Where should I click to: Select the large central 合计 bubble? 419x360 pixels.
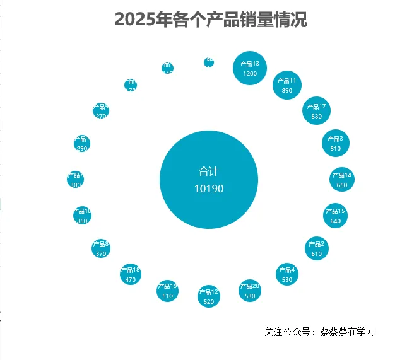click(x=209, y=180)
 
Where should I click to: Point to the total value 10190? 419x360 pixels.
click(x=209, y=189)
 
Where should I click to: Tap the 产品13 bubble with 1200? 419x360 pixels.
click(x=250, y=68)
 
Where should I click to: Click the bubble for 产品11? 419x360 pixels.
click(x=287, y=85)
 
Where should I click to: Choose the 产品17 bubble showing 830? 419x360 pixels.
click(x=316, y=111)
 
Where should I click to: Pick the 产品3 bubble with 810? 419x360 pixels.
click(x=335, y=143)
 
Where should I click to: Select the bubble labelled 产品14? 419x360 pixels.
click(x=341, y=180)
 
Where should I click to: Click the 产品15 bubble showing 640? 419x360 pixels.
click(x=335, y=216)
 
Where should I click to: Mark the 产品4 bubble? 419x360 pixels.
click(x=287, y=274)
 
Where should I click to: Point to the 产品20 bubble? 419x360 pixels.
click(x=250, y=291)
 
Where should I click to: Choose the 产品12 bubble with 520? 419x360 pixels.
click(x=209, y=296)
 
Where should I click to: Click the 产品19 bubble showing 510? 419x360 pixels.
click(x=167, y=291)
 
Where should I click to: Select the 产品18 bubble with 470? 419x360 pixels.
click(x=131, y=274)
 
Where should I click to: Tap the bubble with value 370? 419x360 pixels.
click(x=101, y=248)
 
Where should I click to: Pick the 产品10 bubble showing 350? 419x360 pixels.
click(x=82, y=216)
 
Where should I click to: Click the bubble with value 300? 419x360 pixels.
click(x=76, y=180)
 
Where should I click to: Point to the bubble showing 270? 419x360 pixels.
click(x=101, y=111)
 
